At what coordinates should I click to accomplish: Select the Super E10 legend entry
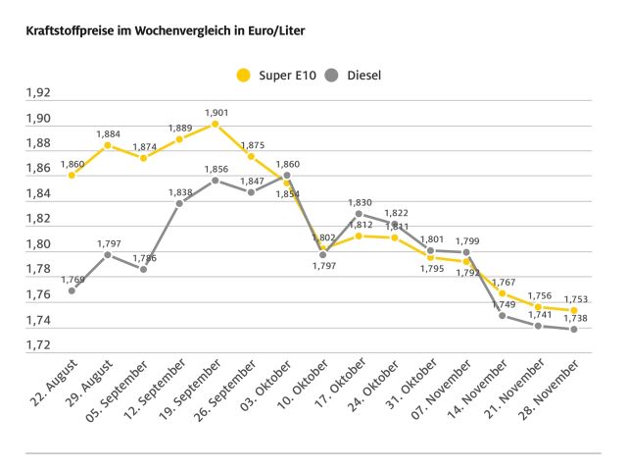click(x=279, y=75)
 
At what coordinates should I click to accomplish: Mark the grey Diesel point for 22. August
click(x=72, y=290)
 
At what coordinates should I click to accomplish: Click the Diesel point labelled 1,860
click(x=287, y=176)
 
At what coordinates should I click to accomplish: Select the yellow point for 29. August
click(x=108, y=145)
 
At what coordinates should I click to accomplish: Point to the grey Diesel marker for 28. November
click(x=574, y=329)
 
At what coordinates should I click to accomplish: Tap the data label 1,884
click(x=108, y=134)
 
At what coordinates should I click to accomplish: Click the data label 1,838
click(x=179, y=192)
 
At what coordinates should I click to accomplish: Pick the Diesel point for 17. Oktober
click(x=359, y=214)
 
